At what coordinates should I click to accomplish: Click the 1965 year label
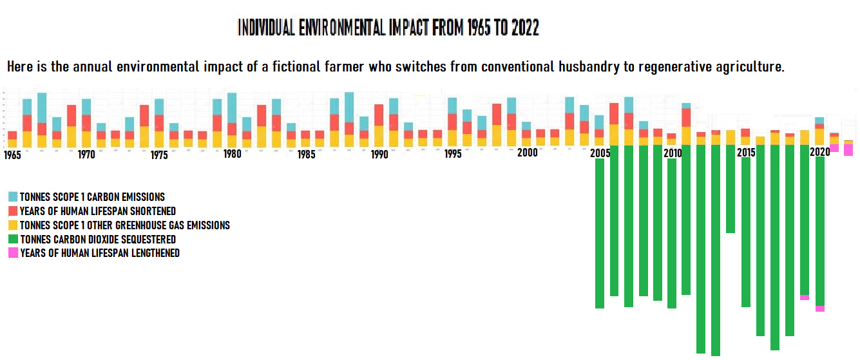tap(12, 155)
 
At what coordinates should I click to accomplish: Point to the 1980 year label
tap(233, 155)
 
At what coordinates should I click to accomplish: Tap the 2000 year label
tap(528, 153)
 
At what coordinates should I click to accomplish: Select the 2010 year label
tap(673, 153)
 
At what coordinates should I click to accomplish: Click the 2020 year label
tap(819, 152)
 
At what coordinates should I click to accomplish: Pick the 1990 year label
tap(379, 155)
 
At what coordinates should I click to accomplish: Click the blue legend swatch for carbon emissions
tap(13, 197)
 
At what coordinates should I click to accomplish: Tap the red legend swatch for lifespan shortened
tap(13, 211)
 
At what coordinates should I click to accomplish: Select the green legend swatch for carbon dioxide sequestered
tap(13, 240)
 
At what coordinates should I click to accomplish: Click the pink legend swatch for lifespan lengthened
tap(13, 253)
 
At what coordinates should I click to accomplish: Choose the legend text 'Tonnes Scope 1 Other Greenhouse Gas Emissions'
tap(124, 225)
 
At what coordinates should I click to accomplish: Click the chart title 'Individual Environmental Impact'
tap(388, 28)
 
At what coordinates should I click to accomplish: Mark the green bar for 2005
tap(600, 232)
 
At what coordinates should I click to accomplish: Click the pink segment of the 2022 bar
tap(848, 149)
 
